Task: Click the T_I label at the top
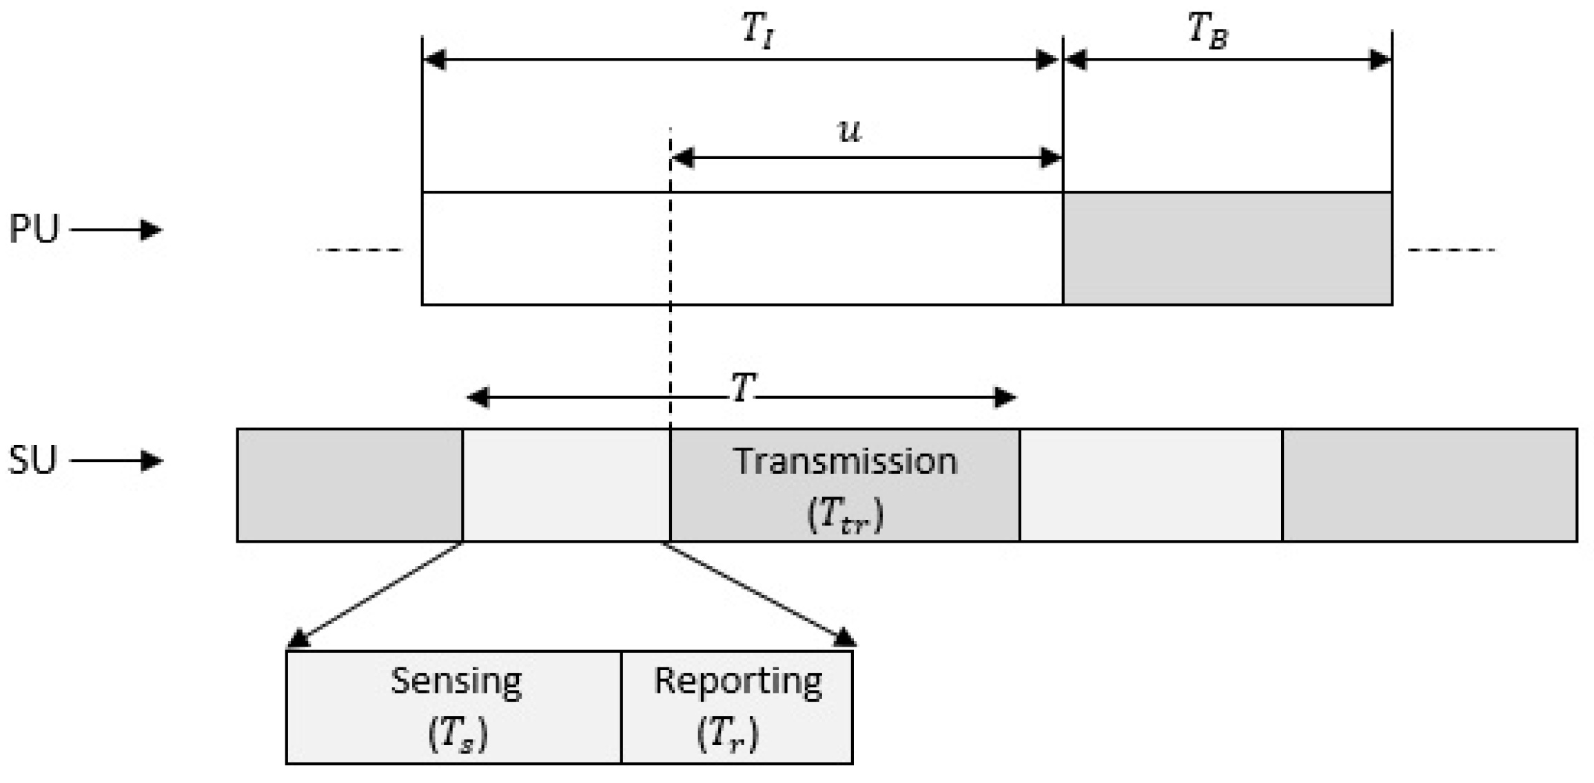[x=758, y=31]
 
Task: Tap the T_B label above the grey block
[x=1208, y=31]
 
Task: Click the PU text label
[x=34, y=229]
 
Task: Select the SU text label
[x=32, y=460]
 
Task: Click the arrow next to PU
[x=116, y=229]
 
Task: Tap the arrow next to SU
[x=116, y=460]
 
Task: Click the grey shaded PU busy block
[x=1227, y=249]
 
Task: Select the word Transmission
[x=845, y=461]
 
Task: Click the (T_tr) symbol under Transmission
[x=845, y=514]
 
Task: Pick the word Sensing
[x=456, y=682]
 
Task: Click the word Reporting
[x=737, y=682]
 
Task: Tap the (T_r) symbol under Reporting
[x=727, y=735]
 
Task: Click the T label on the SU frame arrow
[x=743, y=388]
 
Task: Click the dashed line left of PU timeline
[x=360, y=249]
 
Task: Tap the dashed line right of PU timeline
[x=1451, y=249]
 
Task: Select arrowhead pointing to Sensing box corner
[x=298, y=639]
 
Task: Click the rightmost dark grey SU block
[x=1429, y=485]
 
